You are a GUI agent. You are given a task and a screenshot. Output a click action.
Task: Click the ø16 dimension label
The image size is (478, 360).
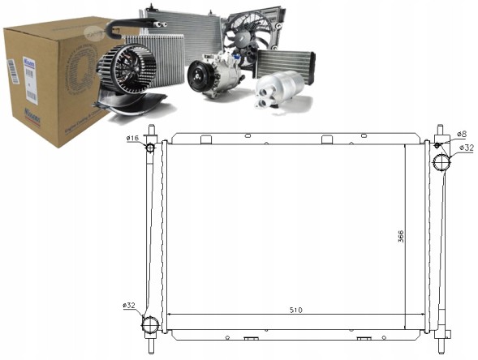(133, 139)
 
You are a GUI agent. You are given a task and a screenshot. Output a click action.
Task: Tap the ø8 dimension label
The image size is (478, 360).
(460, 134)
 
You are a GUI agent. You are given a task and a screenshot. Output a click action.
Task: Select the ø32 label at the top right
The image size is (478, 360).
(466, 148)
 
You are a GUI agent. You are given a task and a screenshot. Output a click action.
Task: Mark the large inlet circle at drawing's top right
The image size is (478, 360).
(441, 163)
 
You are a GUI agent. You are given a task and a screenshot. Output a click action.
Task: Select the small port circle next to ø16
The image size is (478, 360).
(151, 146)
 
